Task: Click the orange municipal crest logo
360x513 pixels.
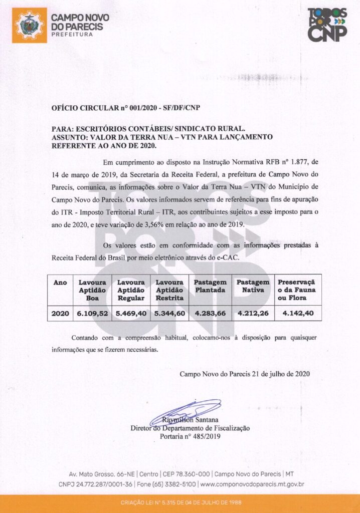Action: pyautogui.click(x=30, y=25)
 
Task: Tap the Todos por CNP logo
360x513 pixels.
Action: pyautogui.click(x=326, y=25)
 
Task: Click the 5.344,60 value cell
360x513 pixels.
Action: pyautogui.click(x=169, y=314)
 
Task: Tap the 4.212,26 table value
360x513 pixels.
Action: pyautogui.click(x=254, y=314)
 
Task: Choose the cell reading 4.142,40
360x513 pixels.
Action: pyautogui.click(x=298, y=314)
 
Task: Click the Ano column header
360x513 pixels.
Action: pyautogui.click(x=60, y=283)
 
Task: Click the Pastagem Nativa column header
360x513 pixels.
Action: pyautogui.click(x=253, y=286)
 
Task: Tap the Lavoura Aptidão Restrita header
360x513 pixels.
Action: pyautogui.click(x=169, y=290)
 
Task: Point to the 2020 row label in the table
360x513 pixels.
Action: pyautogui.click(x=60, y=314)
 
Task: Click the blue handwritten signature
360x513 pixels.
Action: pyautogui.click(x=193, y=409)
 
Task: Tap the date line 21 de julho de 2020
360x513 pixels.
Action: pyautogui.click(x=245, y=374)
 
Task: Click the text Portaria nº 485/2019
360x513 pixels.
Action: pyautogui.click(x=190, y=436)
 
